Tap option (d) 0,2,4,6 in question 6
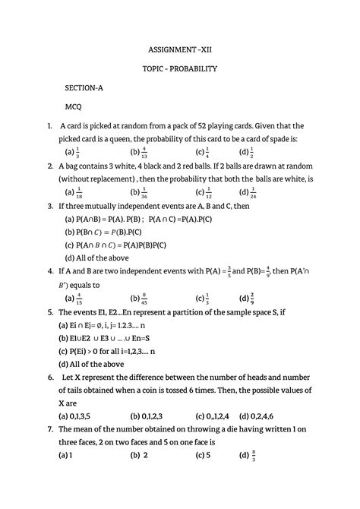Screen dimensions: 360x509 click(260, 416)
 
